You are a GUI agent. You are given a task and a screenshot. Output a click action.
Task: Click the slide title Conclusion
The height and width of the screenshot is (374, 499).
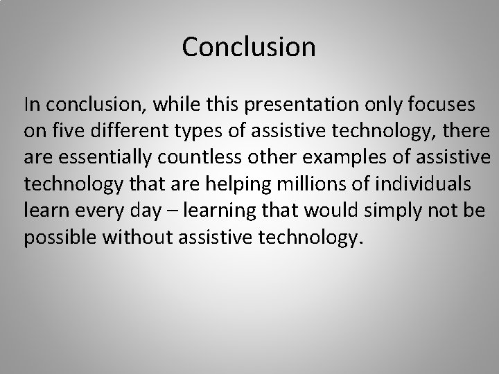pyautogui.click(x=249, y=47)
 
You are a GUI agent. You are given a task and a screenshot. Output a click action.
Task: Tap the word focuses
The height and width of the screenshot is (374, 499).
pyautogui.click(x=441, y=105)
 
